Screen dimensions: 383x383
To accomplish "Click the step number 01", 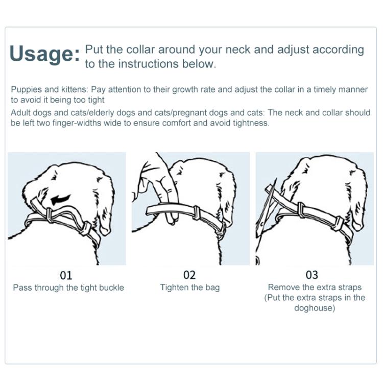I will [66, 275].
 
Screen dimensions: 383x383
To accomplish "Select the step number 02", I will [189, 275].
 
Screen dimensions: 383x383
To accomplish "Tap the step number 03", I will [312, 275].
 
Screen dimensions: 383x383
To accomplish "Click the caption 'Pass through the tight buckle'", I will [68, 288].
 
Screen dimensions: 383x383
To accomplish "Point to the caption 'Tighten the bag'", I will [190, 288].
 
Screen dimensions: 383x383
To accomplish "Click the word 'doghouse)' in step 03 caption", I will [315, 308].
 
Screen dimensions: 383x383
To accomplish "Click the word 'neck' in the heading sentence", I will [238, 50].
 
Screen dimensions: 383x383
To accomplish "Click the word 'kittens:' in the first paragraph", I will [74, 89].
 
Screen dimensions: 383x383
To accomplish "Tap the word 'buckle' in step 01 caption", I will [111, 288].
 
